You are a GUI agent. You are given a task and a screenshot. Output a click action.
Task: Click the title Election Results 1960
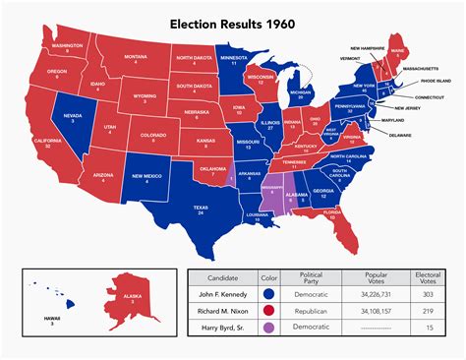(x=233, y=23)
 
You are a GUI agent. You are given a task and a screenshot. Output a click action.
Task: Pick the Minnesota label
(x=233, y=62)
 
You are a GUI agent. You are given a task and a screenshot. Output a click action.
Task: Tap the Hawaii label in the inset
(x=40, y=318)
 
